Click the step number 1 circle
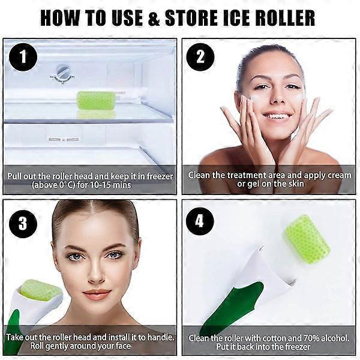(x=23, y=57)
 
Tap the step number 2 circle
(x=200, y=57)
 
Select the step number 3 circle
(x=23, y=223)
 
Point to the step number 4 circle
(x=200, y=221)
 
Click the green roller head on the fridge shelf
(x=96, y=101)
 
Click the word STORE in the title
(x=191, y=18)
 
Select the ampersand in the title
(x=154, y=19)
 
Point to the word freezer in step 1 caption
(x=160, y=176)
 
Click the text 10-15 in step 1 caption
(x=100, y=185)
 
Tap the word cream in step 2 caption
(x=340, y=175)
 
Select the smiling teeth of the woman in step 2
(x=277, y=116)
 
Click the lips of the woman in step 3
(x=97, y=295)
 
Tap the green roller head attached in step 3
(x=40, y=290)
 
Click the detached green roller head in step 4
(x=308, y=239)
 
